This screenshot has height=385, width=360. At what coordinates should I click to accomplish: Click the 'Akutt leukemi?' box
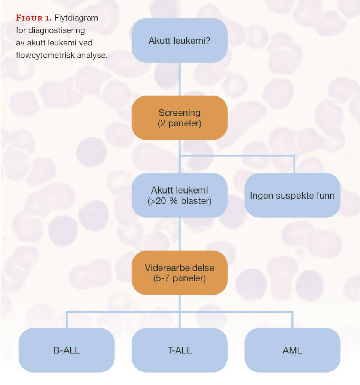(x=179, y=41)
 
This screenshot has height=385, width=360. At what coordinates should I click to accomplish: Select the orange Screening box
(x=179, y=118)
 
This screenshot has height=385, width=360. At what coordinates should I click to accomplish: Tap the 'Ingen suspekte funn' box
(x=292, y=195)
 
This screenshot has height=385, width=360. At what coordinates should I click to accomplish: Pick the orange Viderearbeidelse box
(x=179, y=273)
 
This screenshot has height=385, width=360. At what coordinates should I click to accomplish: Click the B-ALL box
(x=67, y=350)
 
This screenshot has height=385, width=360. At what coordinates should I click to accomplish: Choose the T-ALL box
(x=179, y=350)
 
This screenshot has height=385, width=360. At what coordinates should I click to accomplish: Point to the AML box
(x=292, y=350)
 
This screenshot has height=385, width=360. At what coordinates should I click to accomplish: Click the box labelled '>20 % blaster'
(x=179, y=195)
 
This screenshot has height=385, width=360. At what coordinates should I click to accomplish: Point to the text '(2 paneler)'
(x=179, y=123)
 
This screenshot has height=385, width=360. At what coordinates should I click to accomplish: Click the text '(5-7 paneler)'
(x=179, y=278)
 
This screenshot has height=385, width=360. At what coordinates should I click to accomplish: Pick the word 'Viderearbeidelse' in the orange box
(x=179, y=268)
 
